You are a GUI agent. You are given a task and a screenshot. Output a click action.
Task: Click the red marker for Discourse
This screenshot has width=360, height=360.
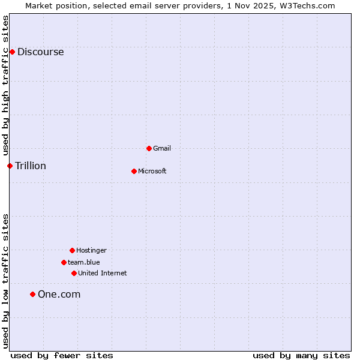12,52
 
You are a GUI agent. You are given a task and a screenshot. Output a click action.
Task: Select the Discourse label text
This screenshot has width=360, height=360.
40,52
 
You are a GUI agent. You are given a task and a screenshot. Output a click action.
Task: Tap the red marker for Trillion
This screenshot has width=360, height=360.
10,166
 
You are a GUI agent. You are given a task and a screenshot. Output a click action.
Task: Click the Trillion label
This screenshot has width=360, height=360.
30,166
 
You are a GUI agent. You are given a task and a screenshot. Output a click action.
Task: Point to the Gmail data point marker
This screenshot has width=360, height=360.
149,148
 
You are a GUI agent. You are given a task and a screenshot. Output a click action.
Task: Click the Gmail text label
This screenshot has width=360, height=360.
162,148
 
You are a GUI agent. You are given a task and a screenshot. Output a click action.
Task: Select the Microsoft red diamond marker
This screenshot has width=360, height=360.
134,171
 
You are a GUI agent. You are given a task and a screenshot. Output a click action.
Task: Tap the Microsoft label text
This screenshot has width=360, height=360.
152,171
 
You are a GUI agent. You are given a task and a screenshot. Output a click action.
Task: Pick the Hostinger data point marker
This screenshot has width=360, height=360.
72,250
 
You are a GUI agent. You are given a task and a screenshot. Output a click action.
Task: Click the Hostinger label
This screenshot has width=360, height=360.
91,250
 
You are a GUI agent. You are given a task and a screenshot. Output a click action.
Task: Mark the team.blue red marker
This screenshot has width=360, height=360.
64,262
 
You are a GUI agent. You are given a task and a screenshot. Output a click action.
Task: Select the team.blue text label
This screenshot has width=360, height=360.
84,262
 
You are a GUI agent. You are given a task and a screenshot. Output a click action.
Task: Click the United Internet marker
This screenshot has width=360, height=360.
74,273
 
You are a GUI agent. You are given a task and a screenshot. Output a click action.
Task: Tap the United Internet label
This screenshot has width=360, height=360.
103,273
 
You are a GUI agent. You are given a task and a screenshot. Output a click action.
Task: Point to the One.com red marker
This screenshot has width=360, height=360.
32,294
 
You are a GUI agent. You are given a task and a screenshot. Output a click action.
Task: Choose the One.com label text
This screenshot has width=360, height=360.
59,294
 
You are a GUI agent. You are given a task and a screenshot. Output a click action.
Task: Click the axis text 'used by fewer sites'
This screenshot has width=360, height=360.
62,355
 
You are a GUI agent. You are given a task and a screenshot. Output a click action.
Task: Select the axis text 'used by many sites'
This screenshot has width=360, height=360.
301,355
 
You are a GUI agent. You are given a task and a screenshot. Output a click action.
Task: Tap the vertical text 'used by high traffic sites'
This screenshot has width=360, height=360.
5,85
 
